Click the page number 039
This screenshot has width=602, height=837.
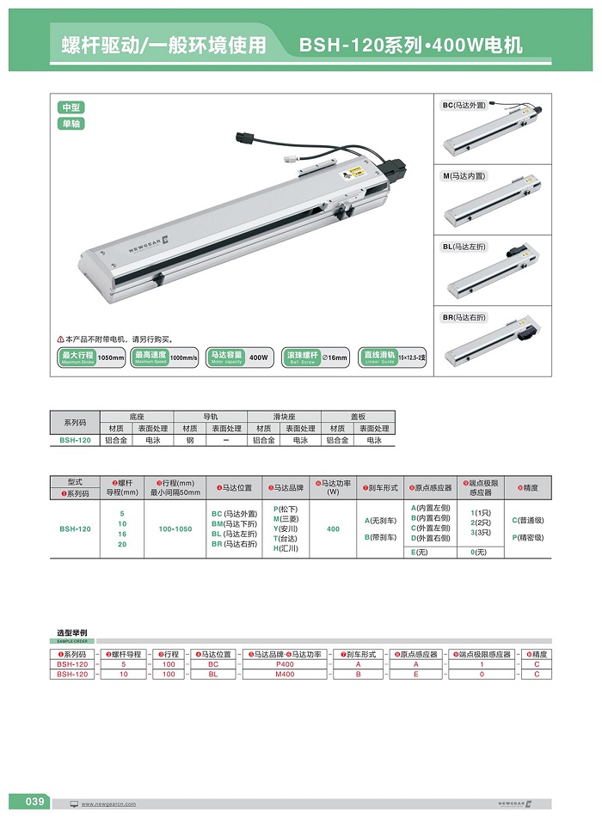click(x=34, y=802)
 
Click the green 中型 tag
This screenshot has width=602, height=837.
click(x=71, y=107)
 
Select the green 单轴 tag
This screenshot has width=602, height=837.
click(x=71, y=123)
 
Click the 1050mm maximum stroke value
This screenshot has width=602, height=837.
click(x=111, y=357)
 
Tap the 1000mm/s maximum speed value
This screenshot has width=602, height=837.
click(x=183, y=357)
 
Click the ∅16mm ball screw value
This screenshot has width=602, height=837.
click(x=335, y=357)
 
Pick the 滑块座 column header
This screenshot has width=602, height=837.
click(x=284, y=416)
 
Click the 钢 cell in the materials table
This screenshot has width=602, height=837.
click(x=191, y=440)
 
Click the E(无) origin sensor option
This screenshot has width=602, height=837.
click(x=420, y=552)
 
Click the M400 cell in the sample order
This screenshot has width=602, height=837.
click(x=284, y=675)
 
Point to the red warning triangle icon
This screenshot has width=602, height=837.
click(x=61, y=339)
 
